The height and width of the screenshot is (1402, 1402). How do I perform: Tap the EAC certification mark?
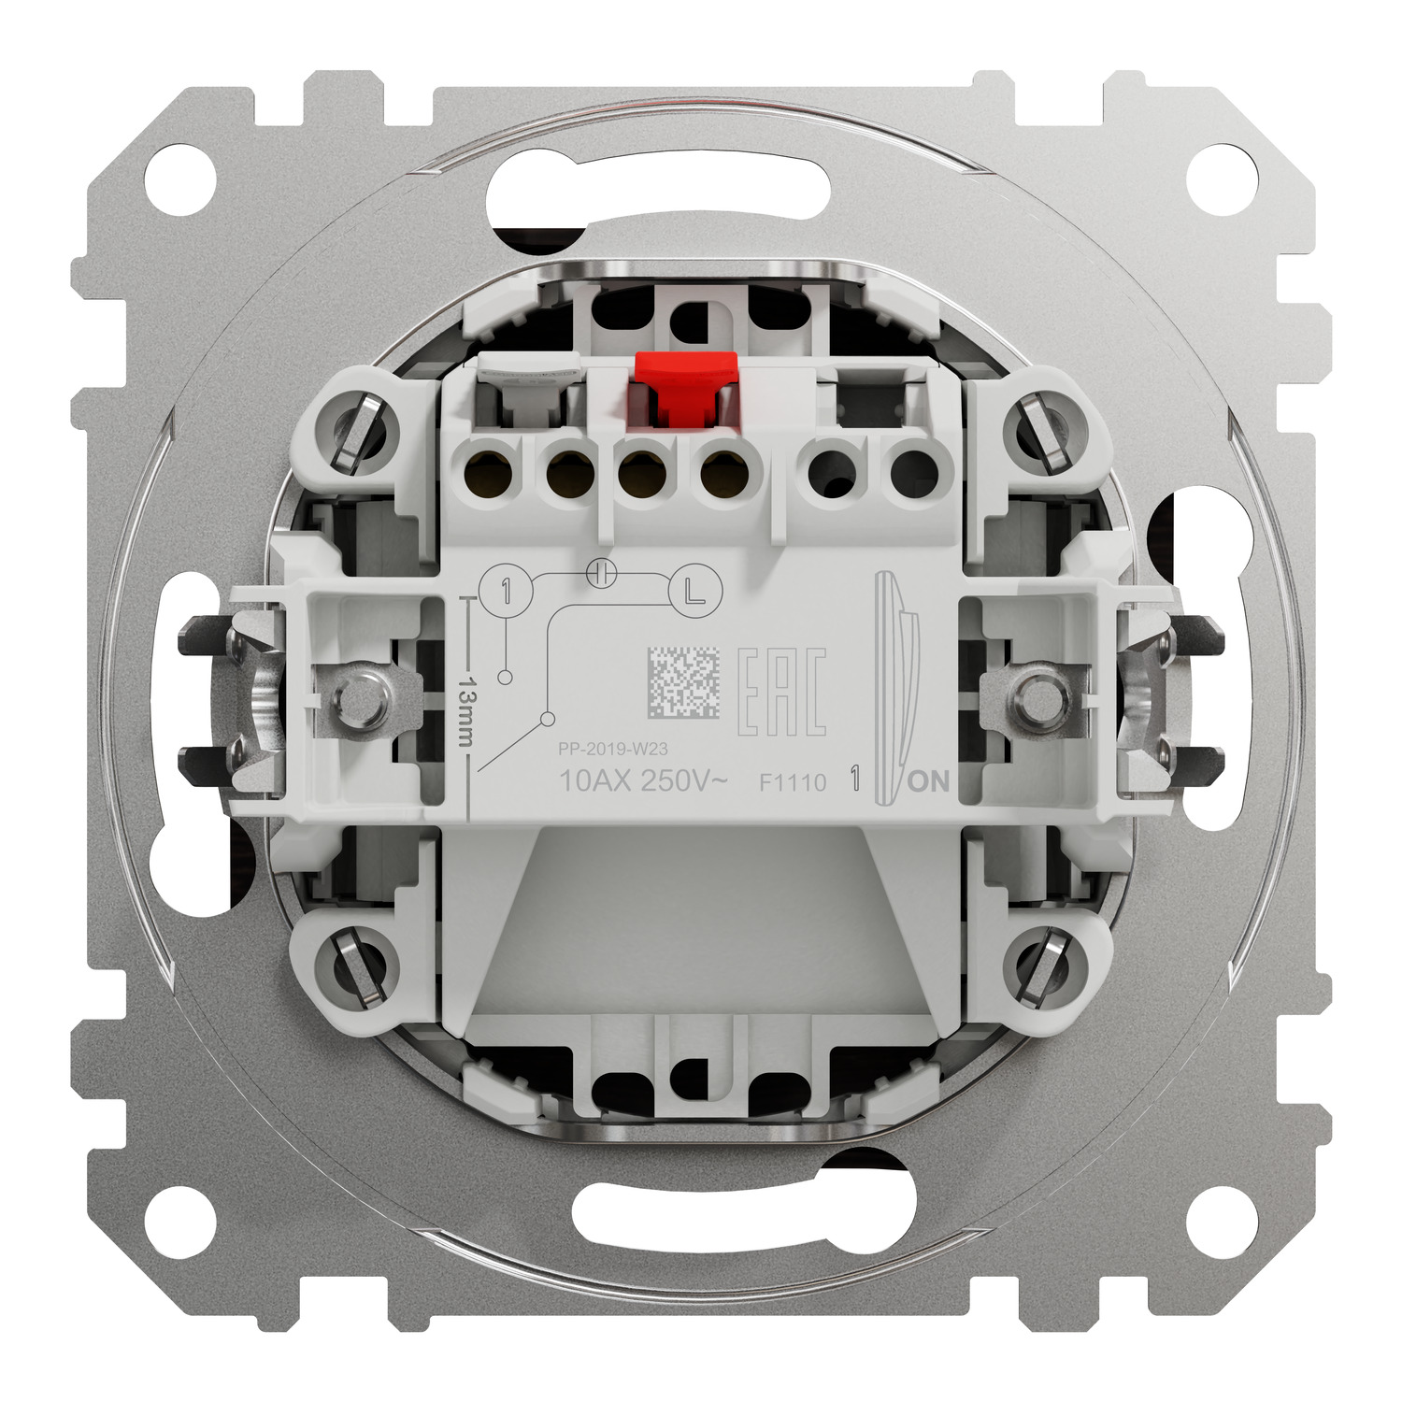click(782, 691)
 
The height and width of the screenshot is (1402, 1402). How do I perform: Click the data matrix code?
click(682, 684)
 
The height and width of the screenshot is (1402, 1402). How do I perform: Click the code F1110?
click(793, 782)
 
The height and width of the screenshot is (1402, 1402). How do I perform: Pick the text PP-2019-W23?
click(612, 748)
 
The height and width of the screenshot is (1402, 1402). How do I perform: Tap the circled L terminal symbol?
click(691, 590)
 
